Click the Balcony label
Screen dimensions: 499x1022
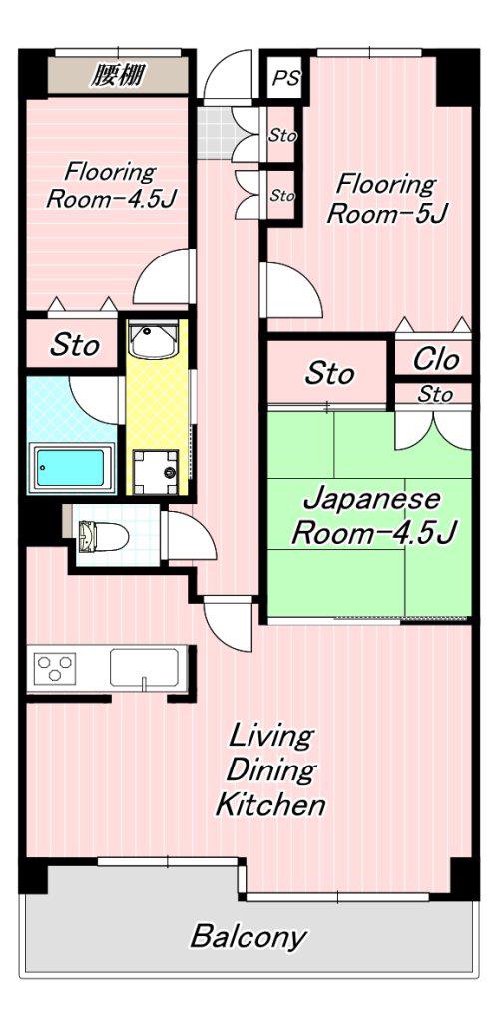coord(248,936)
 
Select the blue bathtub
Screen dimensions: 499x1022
coord(70,467)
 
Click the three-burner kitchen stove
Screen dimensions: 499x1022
coord(55,668)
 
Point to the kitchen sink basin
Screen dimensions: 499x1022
coord(144,667)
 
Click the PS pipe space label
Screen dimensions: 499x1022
coord(286,78)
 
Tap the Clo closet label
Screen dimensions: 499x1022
coord(436,359)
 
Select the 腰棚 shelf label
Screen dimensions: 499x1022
coord(117,76)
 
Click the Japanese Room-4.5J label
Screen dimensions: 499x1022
coord(372,518)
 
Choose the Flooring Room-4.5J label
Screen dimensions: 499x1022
coord(111,185)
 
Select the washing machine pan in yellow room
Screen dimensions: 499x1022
coord(155,471)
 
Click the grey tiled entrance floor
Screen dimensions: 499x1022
coord(216,133)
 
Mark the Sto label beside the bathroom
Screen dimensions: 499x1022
coord(76,344)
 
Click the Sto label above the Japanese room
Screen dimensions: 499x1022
coord(330,374)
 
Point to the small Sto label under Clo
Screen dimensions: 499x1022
coord(435,394)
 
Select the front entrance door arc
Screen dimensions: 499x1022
coord(227,77)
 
